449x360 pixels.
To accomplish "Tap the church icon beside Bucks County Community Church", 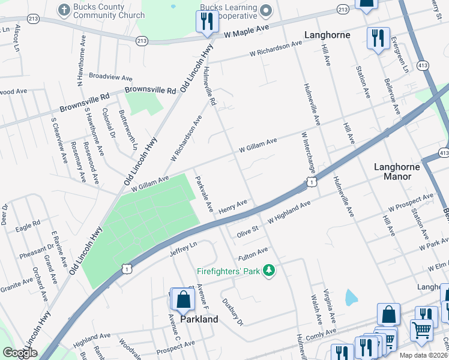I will (x=63, y=9).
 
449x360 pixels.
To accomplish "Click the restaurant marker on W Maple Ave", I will (x=205, y=22).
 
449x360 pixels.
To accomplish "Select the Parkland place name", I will (x=199, y=319).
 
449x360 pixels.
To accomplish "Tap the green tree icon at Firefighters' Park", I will (x=270, y=271).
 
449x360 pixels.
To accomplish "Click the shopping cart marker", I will (x=421, y=329).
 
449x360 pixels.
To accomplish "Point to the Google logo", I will (x=20, y=352).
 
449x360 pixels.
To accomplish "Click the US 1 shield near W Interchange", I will (x=311, y=181).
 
